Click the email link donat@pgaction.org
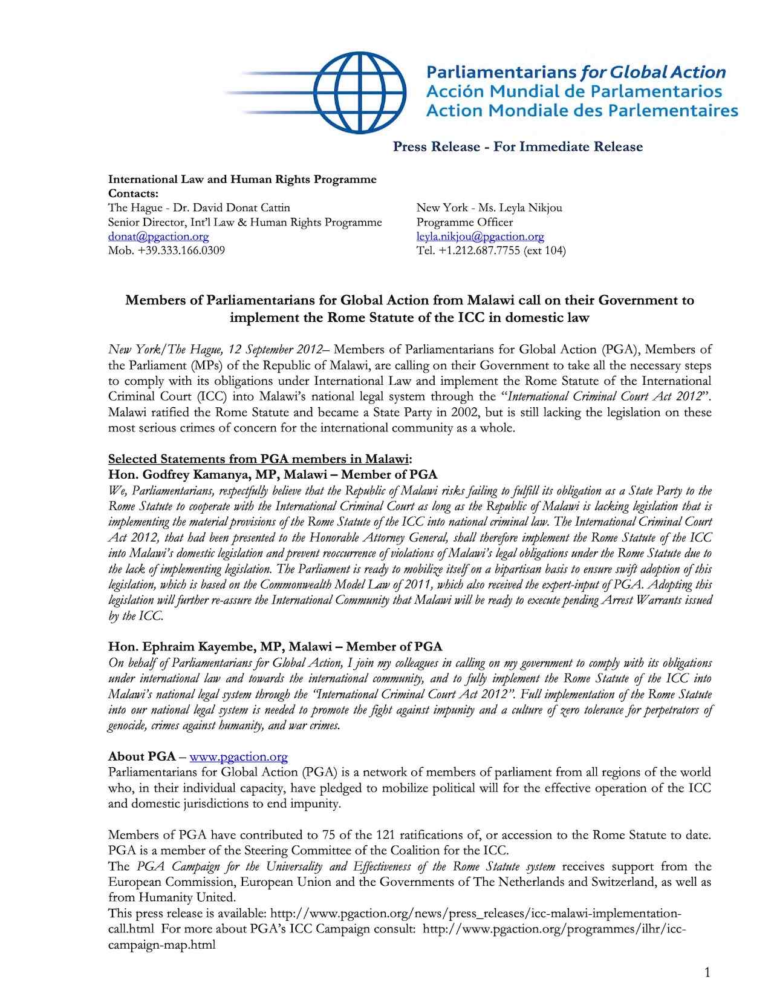click(158, 237)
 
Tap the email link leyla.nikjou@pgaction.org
click(480, 237)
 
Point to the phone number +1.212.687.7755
click(476, 250)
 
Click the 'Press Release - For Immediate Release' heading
click(518, 146)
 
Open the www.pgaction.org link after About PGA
click(238, 756)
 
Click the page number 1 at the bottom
click(707, 972)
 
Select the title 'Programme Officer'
click(464, 222)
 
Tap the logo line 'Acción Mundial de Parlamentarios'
click(574, 91)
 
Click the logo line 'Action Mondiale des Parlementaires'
click(582, 111)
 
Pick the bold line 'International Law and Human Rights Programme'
click(242, 179)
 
